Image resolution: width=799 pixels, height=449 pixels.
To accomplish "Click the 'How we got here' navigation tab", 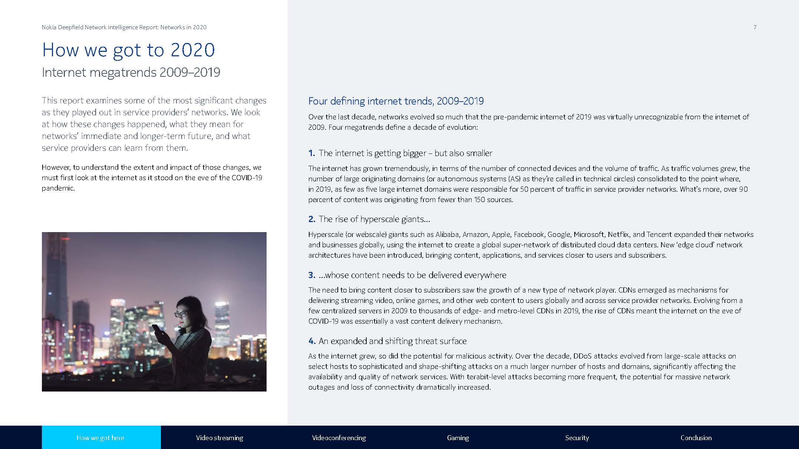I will click(100, 438).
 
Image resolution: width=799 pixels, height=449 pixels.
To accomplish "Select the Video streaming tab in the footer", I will click(219, 438).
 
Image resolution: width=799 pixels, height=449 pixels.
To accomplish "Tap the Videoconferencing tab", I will click(339, 438).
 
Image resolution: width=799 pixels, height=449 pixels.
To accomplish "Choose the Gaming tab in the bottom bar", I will click(458, 438).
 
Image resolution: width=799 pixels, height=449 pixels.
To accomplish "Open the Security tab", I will click(577, 438).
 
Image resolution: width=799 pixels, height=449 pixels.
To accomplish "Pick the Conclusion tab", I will click(696, 438).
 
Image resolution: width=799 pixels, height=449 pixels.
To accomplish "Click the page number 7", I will click(755, 27).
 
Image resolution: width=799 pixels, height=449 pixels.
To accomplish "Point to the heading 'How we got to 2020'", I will click(128, 50).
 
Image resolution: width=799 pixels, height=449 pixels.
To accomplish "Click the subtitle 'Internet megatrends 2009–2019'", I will click(131, 72).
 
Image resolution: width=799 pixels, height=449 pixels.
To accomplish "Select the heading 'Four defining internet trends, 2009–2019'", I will click(396, 101).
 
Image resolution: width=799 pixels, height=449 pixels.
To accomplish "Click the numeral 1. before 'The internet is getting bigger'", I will click(311, 153).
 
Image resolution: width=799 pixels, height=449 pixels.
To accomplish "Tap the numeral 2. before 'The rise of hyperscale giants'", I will click(311, 219).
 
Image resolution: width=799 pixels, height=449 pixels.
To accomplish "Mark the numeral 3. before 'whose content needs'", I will click(311, 275).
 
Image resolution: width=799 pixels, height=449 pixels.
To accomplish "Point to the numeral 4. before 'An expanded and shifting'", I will click(311, 341).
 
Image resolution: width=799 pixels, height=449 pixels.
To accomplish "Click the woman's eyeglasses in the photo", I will click(181, 314).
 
